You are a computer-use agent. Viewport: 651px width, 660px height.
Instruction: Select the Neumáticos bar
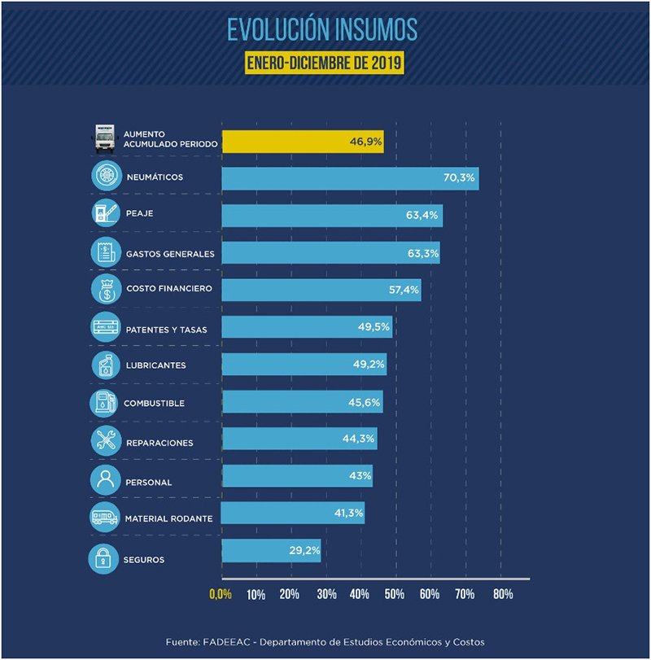350,178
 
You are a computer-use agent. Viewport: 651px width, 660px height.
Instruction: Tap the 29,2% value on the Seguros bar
304,551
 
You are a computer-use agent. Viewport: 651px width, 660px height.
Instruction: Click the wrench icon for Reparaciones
106,441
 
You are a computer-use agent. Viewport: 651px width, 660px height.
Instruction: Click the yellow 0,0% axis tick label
221,594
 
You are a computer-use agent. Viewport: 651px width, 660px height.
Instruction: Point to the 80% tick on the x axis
501,594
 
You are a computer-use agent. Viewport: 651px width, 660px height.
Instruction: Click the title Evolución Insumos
322,29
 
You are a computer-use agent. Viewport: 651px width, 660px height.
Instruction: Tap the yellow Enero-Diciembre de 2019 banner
325,63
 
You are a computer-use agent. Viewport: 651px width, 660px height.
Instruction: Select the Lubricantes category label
156,365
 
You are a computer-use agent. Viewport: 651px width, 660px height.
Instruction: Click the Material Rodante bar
293,513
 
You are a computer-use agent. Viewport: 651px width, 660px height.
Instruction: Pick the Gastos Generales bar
330,253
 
